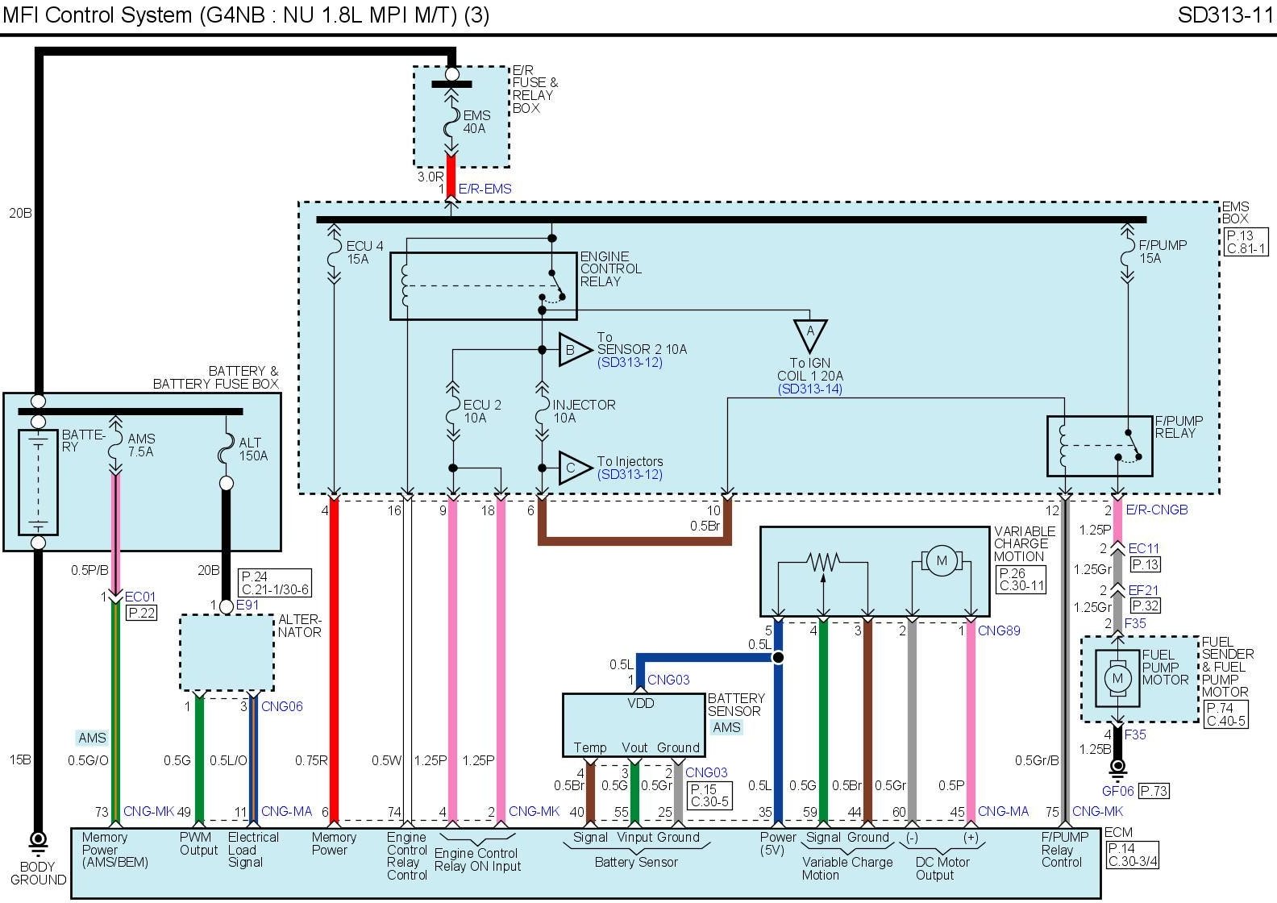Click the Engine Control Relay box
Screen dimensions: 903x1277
pyautogui.click(x=482, y=285)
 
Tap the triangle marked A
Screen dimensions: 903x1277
pyautogui.click(x=810, y=334)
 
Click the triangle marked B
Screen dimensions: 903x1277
pyautogui.click(x=572, y=350)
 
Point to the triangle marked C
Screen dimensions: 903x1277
pyautogui.click(x=572, y=468)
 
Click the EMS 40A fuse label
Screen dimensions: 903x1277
pyautogui.click(x=476, y=122)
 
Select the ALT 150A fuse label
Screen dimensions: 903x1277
pyautogui.click(x=252, y=449)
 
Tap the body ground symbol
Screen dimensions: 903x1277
pyautogui.click(x=38, y=843)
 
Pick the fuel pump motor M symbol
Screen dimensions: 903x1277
pyautogui.click(x=1117, y=678)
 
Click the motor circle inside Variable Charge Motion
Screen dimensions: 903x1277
pyautogui.click(x=941, y=560)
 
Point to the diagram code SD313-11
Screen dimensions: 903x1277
pyautogui.click(x=1225, y=15)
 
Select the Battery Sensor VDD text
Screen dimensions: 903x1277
pyautogui.click(x=641, y=703)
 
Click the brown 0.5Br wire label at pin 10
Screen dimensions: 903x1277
pyautogui.click(x=705, y=526)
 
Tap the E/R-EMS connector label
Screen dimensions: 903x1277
pyautogui.click(x=485, y=189)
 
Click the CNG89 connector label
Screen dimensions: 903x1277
pyautogui.click(x=999, y=630)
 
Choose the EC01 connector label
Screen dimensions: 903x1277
pyautogui.click(x=140, y=597)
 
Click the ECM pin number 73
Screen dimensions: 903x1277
pyautogui.click(x=102, y=812)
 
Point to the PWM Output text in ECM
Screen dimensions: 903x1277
pyautogui.click(x=198, y=843)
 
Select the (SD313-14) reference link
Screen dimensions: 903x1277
pyautogui.click(x=809, y=389)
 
